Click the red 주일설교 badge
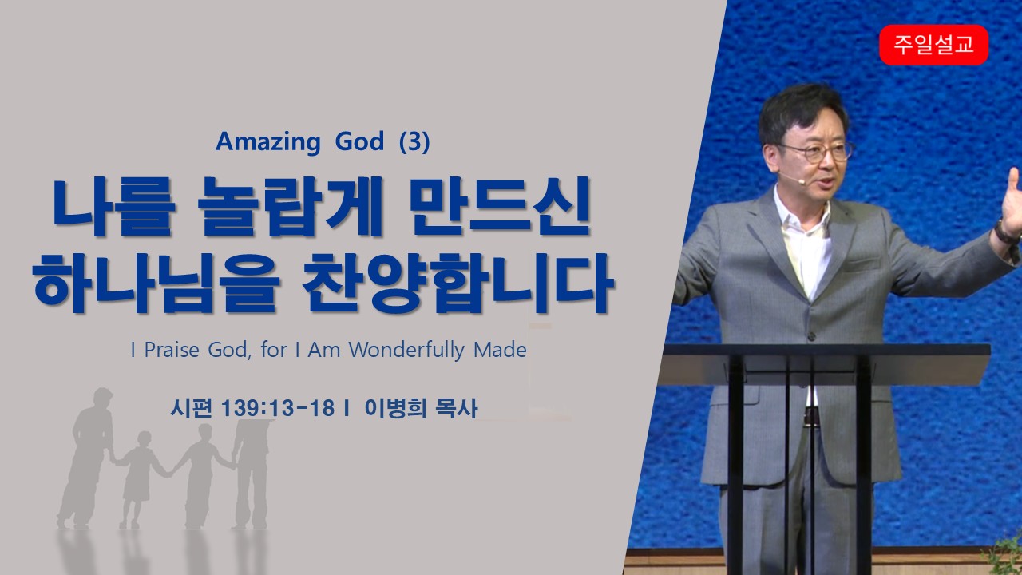pos(933,45)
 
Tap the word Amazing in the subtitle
pos(267,142)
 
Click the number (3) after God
pos(414,141)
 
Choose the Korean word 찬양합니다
pos(458,283)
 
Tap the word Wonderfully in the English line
pos(406,351)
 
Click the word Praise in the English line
pos(172,351)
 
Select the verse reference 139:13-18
pos(278,407)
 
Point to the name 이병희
pos(395,407)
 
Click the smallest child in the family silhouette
pos(139,479)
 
